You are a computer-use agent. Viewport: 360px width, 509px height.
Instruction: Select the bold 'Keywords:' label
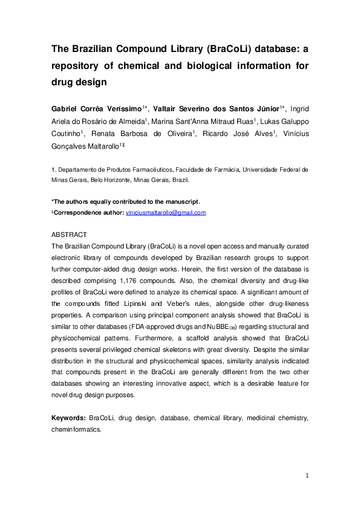(68, 418)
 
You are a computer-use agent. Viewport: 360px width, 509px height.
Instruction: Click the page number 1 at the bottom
(307, 476)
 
